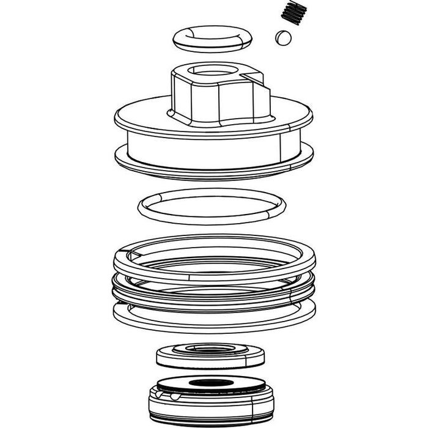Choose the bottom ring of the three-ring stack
(214, 318)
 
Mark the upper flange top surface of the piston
(147, 116)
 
